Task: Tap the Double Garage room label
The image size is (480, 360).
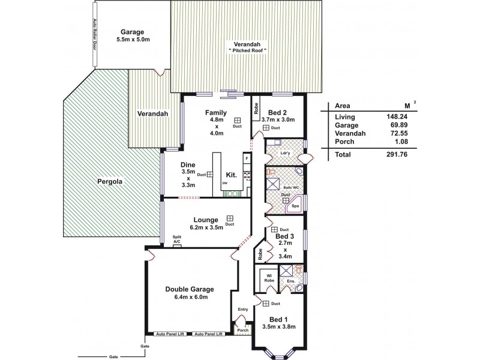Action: point(190,289)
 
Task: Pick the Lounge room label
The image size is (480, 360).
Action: point(206,219)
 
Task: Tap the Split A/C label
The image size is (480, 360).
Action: point(177,239)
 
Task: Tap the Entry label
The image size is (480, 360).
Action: point(242,309)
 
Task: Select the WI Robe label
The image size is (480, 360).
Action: point(266,278)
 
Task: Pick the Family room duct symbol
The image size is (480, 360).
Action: point(238,119)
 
